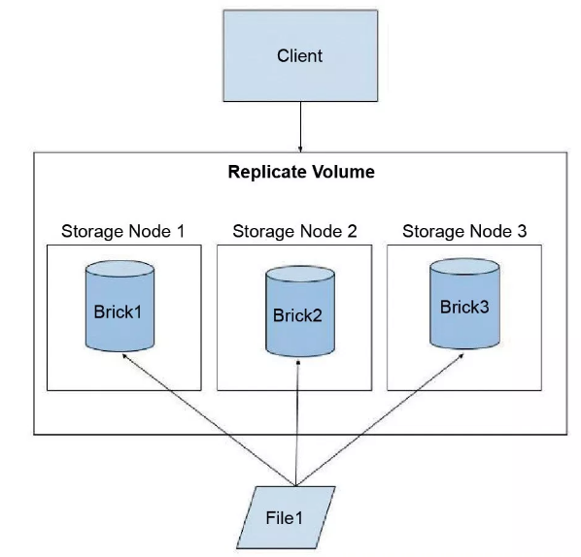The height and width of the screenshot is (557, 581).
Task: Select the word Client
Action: point(300,55)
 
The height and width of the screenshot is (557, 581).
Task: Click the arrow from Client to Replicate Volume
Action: point(300,126)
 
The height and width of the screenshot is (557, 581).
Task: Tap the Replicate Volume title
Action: point(301,173)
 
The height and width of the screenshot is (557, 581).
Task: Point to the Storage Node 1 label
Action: point(123,231)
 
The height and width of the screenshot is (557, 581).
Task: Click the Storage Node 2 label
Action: point(294,231)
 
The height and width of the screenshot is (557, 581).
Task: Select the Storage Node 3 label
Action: point(464,231)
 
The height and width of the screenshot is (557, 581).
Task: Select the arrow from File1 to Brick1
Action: point(204,416)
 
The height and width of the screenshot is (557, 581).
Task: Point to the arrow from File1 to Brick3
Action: point(379,417)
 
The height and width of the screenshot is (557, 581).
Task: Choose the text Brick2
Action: point(300,316)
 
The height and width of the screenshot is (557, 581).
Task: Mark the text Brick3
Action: point(465,308)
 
